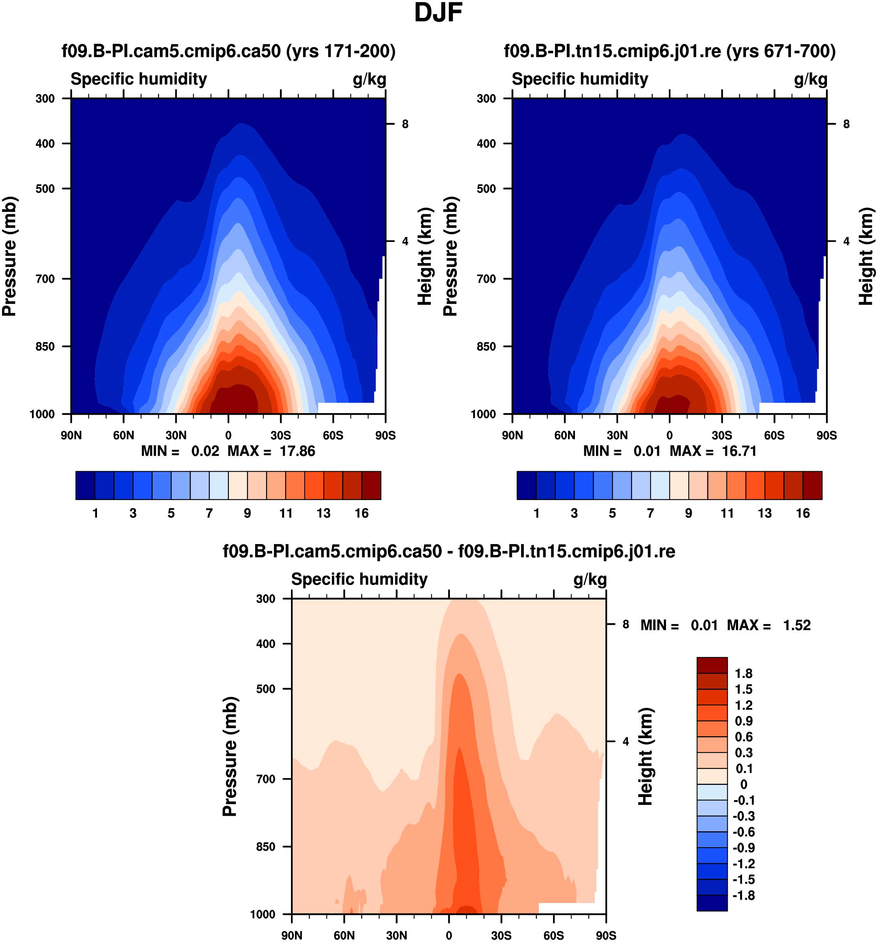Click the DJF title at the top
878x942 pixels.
(438, 13)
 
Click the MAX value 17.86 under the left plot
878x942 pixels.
(297, 451)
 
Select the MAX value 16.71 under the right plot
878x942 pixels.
(739, 451)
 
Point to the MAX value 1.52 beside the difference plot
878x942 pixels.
(797, 625)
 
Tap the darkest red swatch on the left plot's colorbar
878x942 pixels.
(371, 485)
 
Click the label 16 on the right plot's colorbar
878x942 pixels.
(803, 513)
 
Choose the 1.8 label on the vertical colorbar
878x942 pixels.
(744, 673)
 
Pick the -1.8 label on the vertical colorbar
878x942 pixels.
(744, 895)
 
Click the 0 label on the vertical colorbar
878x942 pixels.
(744, 784)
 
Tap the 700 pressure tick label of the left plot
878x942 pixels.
(46, 279)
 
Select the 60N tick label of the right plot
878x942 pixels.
(564, 435)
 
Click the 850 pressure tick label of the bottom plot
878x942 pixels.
(266, 846)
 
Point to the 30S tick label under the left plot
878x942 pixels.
(281, 435)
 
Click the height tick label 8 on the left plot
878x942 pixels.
(405, 124)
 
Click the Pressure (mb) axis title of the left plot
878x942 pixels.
(9, 256)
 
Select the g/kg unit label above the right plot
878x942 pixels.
(810, 79)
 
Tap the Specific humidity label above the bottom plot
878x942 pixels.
(359, 579)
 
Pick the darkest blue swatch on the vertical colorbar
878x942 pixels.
(712, 902)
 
